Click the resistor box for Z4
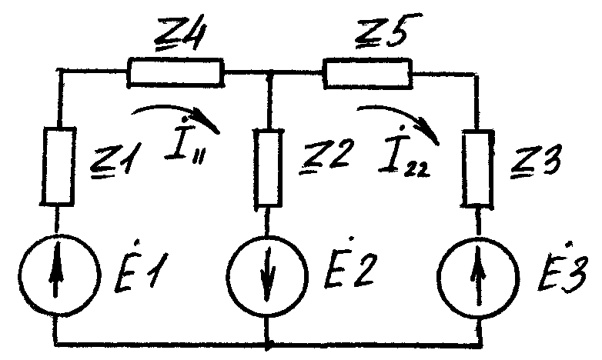[176, 73]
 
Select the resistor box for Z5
[368, 73]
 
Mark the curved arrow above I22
[396, 119]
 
